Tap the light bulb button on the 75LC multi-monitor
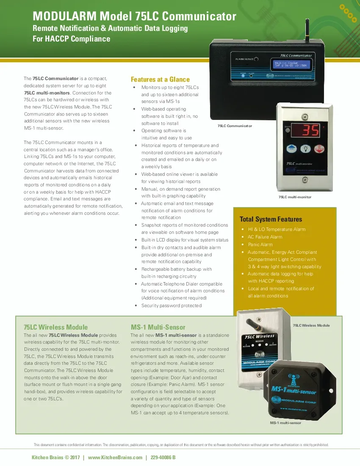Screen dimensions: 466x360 (x=305, y=149)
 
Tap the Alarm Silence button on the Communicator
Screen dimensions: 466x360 (x=256, y=59)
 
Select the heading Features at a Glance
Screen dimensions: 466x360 (x=160, y=79)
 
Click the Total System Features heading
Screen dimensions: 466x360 (x=271, y=219)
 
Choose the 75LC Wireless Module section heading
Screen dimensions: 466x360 (x=55, y=327)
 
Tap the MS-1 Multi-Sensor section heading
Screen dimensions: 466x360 (x=158, y=327)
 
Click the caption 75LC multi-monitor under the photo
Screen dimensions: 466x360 (x=294, y=197)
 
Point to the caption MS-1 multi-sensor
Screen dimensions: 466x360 (x=285, y=423)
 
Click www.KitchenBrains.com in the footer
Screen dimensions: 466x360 (x=115, y=458)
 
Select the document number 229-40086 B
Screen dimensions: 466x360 (x=163, y=458)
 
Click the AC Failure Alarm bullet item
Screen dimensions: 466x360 (x=265, y=237)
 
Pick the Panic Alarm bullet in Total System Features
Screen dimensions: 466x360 (x=260, y=244)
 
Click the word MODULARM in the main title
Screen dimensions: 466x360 (x=64, y=17)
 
